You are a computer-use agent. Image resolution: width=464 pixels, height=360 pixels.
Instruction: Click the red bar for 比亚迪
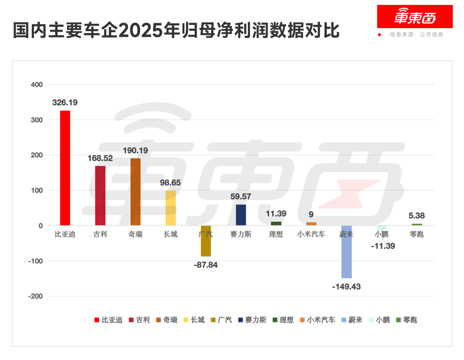click(65, 168)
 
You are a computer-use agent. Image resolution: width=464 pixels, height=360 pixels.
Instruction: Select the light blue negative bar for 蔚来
click(346, 252)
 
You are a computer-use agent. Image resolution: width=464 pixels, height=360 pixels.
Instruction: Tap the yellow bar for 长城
click(170, 208)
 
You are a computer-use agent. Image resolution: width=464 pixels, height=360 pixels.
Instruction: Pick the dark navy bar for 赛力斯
click(241, 215)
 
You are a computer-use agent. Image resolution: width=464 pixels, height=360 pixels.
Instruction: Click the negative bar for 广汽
click(206, 241)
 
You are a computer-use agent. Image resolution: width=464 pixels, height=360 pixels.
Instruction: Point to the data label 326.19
click(65, 102)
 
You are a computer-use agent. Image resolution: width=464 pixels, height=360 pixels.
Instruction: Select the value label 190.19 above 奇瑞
click(135, 150)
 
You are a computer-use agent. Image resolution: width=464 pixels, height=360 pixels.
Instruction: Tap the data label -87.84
click(205, 265)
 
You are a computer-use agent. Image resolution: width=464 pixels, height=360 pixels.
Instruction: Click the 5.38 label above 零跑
click(416, 216)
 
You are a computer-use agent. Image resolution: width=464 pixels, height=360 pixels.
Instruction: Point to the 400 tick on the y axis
click(37, 85)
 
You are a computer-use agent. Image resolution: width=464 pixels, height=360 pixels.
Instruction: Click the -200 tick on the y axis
click(36, 296)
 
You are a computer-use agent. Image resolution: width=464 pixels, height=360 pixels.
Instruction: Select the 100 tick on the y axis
click(37, 190)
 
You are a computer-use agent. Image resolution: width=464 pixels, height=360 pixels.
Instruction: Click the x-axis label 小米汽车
click(311, 234)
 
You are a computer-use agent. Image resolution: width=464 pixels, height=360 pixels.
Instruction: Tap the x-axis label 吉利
click(100, 234)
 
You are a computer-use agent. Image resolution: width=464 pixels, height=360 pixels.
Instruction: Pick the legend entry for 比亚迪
click(108, 320)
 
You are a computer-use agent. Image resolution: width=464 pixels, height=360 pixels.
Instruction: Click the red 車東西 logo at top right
click(415, 17)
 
